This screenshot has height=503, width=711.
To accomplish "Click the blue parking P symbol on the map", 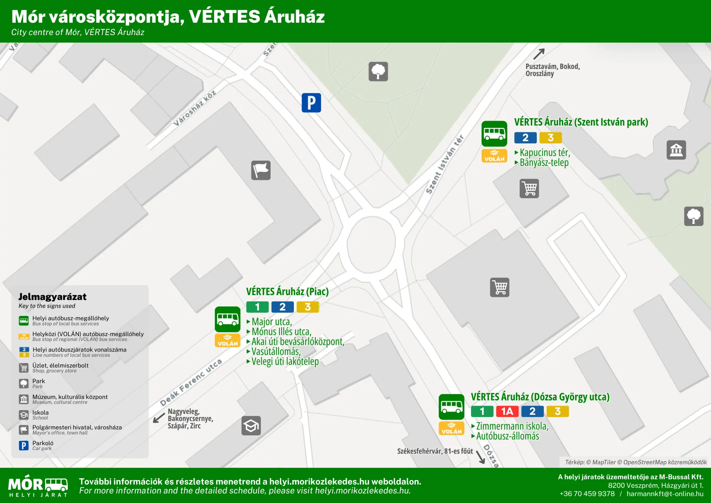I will [311, 103].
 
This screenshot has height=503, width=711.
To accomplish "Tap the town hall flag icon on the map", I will [261, 170].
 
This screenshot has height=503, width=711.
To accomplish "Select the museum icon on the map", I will [676, 150].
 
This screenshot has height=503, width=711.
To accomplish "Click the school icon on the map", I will [251, 426].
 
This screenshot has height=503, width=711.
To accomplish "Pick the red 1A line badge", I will [507, 411].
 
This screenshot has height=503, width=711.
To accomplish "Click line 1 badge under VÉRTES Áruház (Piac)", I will [257, 307].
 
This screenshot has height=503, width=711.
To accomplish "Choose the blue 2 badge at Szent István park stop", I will [525, 138].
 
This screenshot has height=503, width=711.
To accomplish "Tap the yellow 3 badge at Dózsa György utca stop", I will [557, 411].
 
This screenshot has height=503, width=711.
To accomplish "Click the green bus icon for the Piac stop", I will [227, 319].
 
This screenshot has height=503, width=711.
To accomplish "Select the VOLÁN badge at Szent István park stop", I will [494, 156].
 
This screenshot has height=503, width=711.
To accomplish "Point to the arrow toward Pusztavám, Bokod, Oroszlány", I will [539, 54].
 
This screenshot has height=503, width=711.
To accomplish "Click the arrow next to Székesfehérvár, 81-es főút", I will [480, 457].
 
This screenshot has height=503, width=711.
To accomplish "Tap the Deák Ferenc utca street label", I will [191, 383].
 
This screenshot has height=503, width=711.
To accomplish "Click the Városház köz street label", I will [195, 108].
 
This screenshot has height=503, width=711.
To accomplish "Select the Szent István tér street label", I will [445, 164].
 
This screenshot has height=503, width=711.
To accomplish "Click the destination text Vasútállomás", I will [276, 352].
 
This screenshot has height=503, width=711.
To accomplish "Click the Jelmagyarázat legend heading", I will [52, 297].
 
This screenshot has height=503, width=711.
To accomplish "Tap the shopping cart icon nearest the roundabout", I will [499, 287].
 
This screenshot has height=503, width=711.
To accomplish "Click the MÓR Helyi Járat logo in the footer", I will [38, 486].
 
